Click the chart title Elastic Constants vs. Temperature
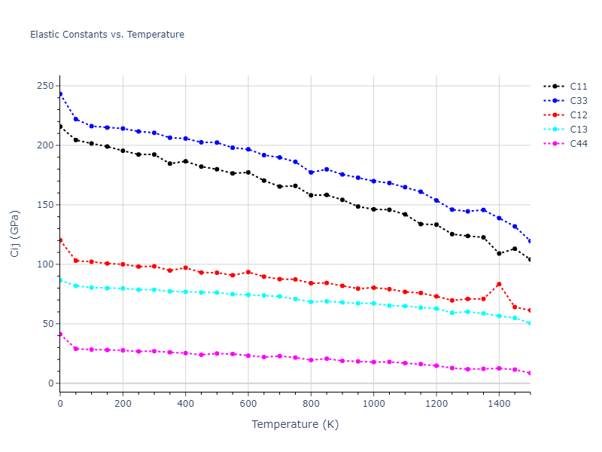(x=107, y=35)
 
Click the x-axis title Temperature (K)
(x=295, y=424)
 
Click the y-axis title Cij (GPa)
(x=15, y=234)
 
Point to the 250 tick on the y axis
(x=44, y=86)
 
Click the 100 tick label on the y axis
(x=44, y=264)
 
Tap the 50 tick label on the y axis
(x=47, y=324)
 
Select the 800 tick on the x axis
(x=311, y=404)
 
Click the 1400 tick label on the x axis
(x=499, y=404)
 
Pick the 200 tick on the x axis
(x=123, y=404)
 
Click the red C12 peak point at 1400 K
(x=499, y=284)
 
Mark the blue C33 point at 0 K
(x=60, y=94)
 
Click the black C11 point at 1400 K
(x=499, y=253)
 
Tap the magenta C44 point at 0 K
(x=60, y=334)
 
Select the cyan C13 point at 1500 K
(x=530, y=323)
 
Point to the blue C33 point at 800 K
(x=311, y=173)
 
